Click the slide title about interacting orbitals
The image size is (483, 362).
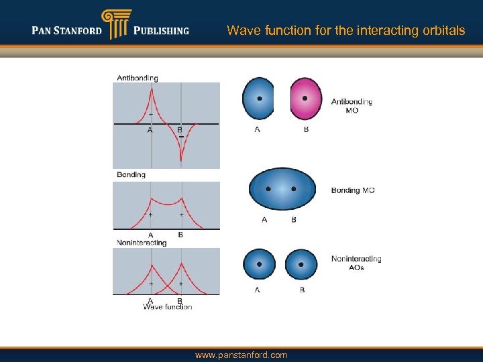345,30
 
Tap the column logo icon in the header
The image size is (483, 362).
114,25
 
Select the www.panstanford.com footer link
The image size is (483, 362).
241,355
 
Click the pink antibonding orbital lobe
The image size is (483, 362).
306,100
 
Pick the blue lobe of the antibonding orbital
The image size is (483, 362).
258,99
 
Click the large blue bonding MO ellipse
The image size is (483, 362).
282,190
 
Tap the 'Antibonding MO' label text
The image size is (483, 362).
352,106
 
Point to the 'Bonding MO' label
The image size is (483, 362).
353,190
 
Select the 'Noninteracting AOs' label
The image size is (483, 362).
356,263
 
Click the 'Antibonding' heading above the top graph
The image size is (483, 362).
138,78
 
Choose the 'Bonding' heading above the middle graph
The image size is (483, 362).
131,175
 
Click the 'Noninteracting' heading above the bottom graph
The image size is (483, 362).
142,243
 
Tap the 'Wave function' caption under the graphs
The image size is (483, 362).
167,307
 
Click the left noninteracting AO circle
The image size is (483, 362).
260,265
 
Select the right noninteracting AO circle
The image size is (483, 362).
301,265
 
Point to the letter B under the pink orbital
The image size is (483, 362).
307,129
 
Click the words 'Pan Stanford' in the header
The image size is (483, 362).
66,31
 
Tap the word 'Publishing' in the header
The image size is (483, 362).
161,31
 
